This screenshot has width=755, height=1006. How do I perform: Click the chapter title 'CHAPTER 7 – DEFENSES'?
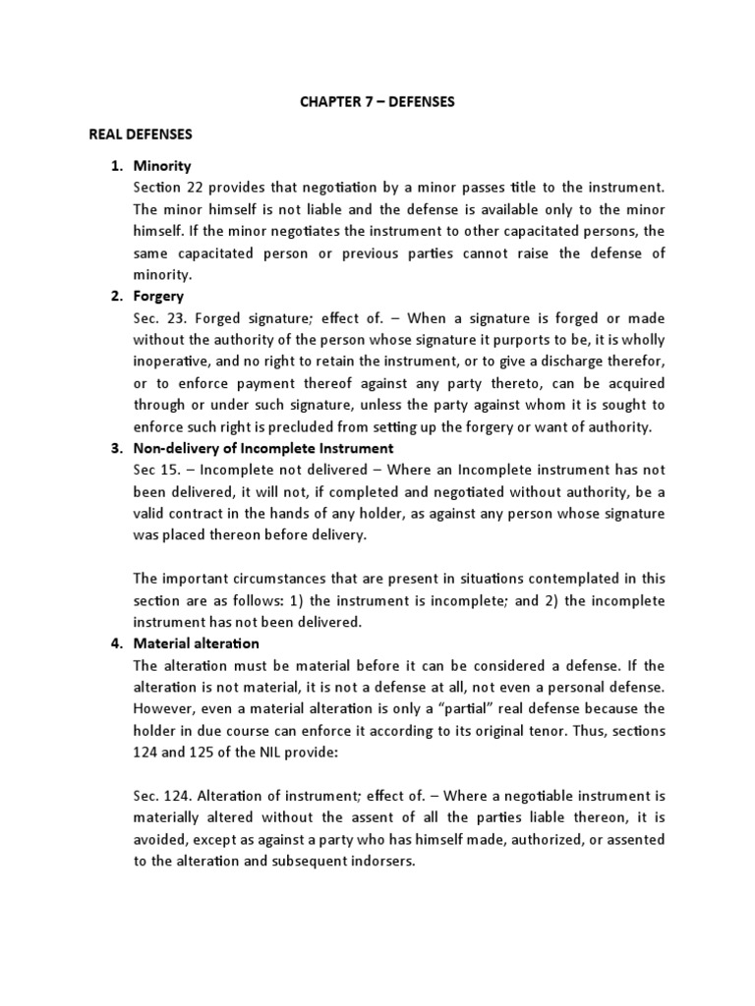pos(377,102)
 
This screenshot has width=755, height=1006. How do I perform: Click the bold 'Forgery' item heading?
pos(158,296)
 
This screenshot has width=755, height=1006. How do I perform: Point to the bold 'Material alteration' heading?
pos(196,643)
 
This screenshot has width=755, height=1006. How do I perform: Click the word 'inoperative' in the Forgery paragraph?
pos(169,361)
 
